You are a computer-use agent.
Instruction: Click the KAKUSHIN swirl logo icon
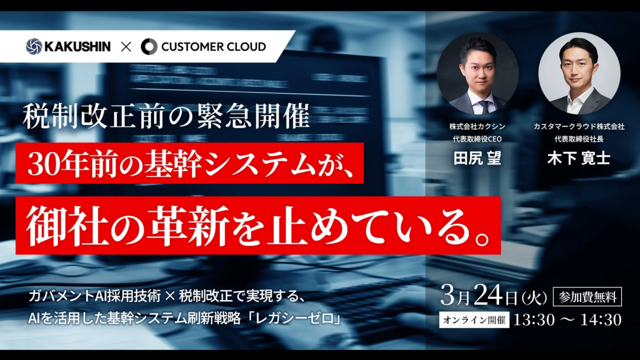pos(34,46)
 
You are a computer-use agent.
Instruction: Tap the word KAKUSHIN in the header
pos(77,46)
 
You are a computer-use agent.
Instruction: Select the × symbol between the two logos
pos(126,47)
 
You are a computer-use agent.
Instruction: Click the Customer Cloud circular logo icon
pos(149,47)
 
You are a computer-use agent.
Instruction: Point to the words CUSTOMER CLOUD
pos(213,47)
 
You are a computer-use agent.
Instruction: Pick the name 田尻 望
pos(477,159)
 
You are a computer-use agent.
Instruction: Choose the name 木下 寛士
pos(579,159)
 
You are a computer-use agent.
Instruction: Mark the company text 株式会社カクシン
pos(477,126)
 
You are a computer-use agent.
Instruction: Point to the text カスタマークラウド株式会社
pos(579,126)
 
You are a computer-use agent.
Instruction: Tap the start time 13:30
pos(534,320)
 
